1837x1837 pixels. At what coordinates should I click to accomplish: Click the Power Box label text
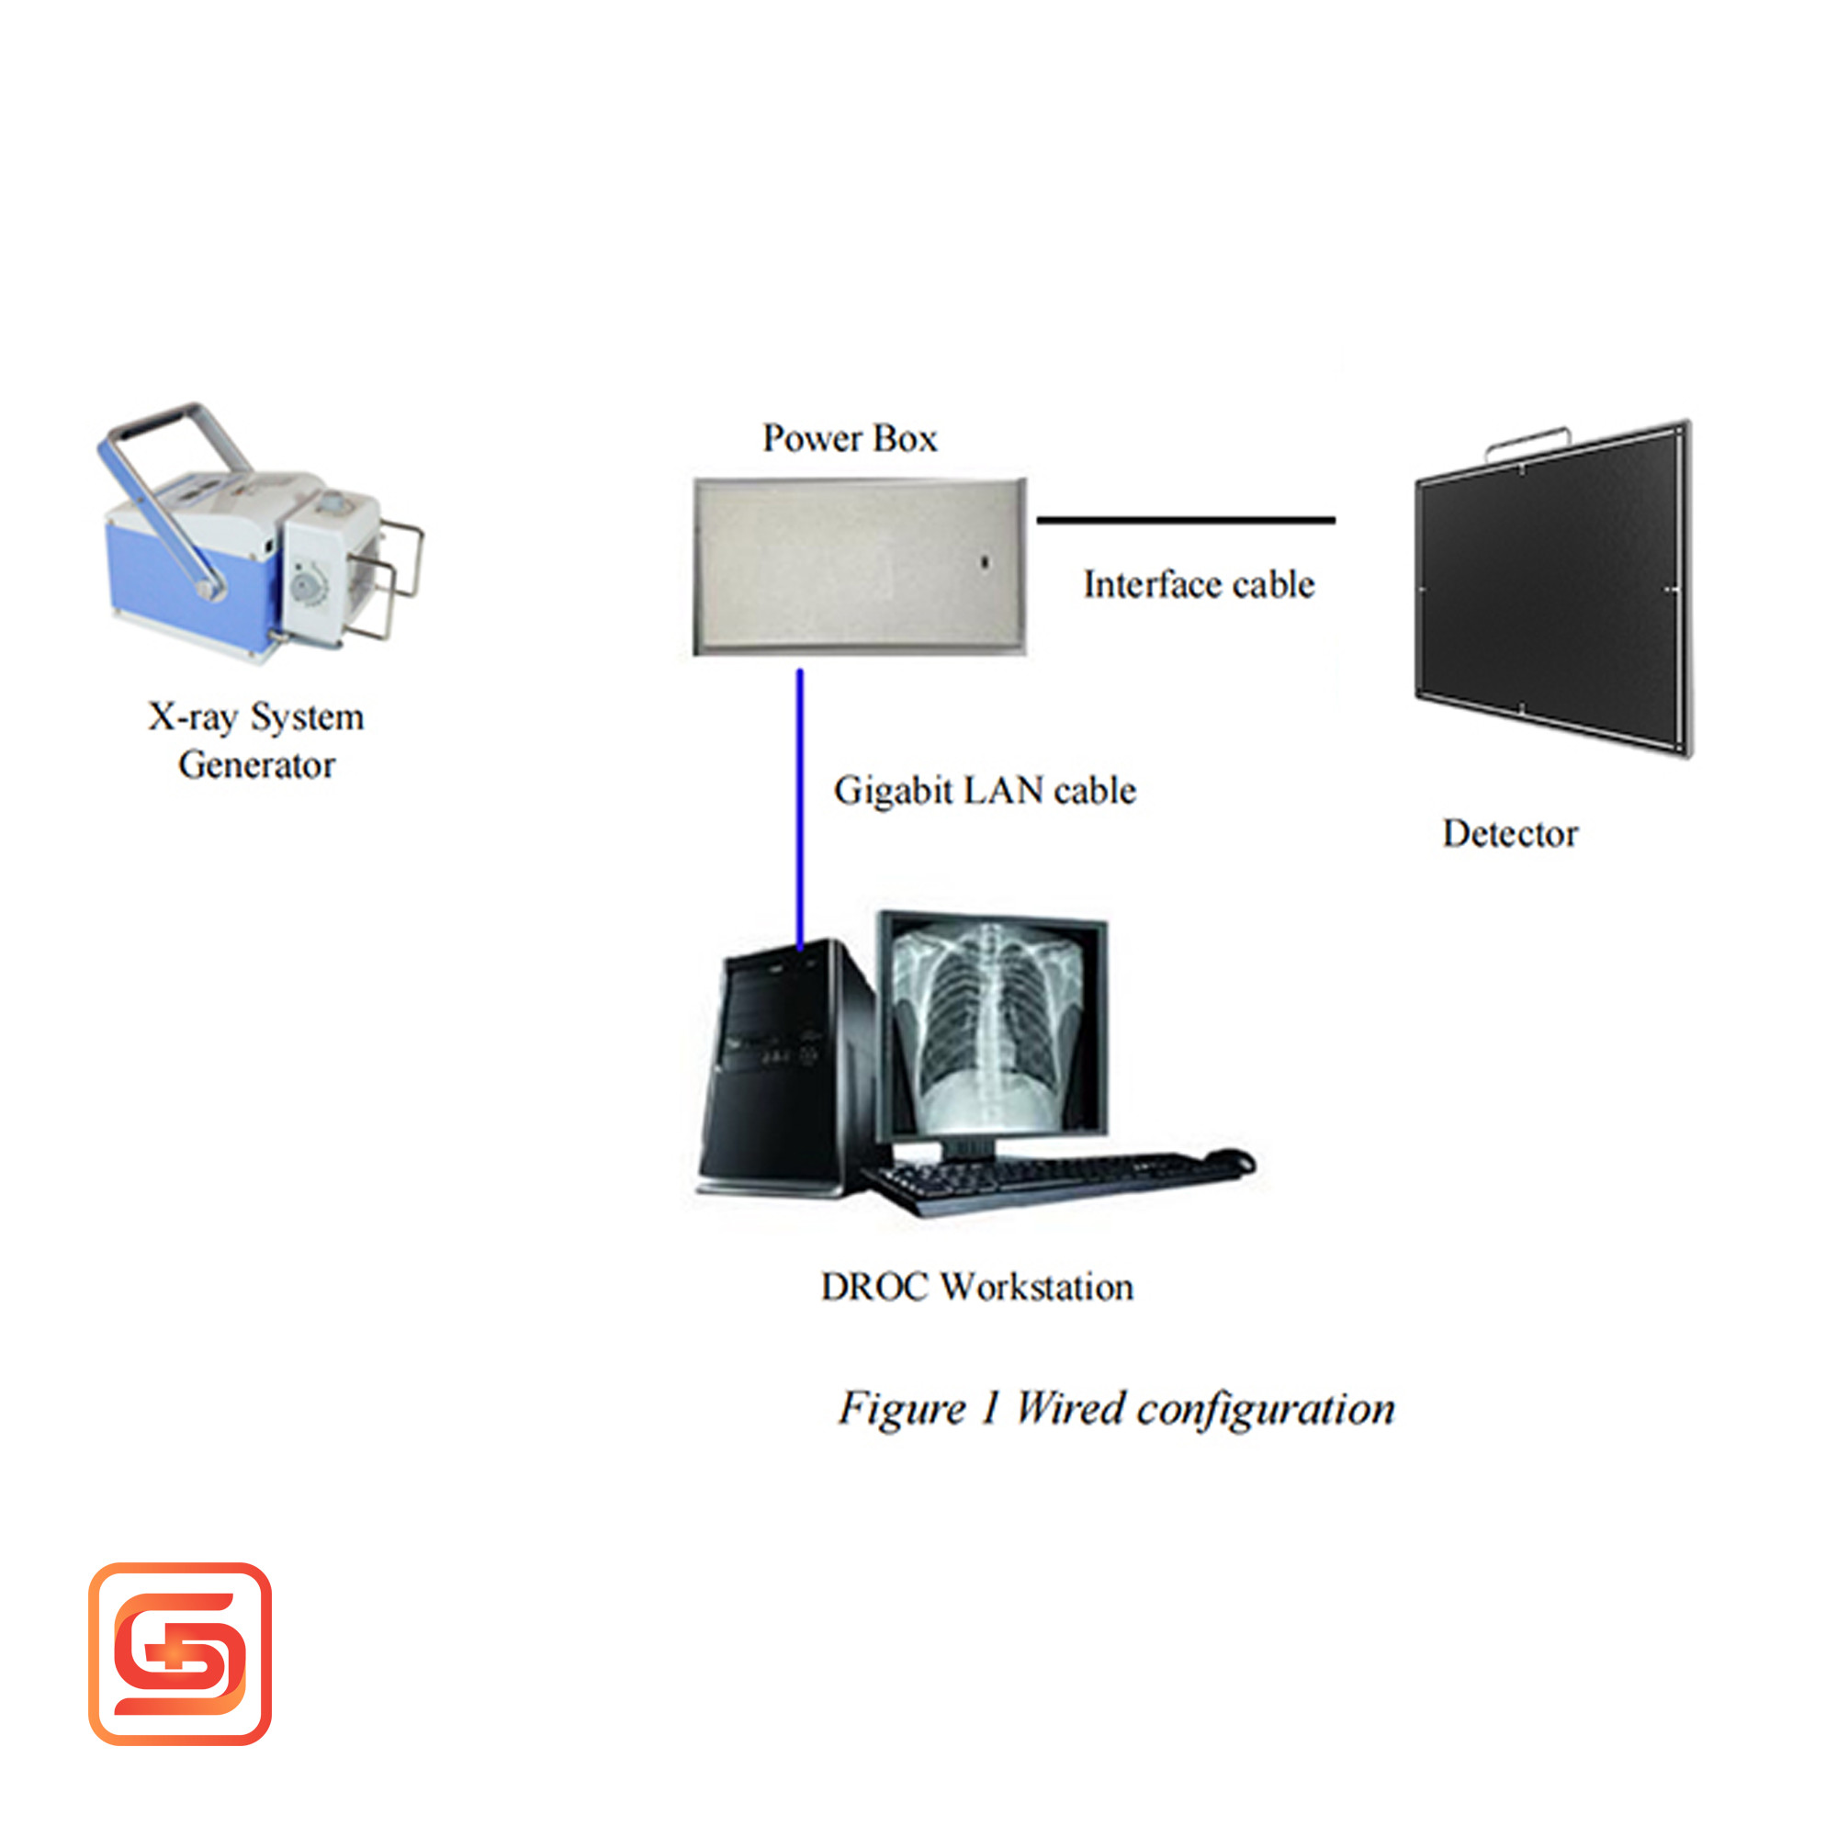coord(850,438)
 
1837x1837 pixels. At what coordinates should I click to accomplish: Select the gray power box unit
coord(861,567)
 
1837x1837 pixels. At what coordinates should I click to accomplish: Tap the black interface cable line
coord(1186,520)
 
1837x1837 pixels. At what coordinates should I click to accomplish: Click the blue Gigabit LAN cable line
coord(800,809)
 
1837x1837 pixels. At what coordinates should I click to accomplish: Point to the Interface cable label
coord(1199,584)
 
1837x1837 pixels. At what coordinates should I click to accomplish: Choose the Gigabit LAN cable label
coord(984,790)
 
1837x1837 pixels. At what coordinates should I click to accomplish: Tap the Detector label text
coord(1510,833)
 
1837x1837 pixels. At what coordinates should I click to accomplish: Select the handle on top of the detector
coord(1527,442)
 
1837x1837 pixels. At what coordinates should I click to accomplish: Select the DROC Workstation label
coord(977,1287)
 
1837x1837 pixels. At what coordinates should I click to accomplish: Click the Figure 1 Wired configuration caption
coord(1116,1409)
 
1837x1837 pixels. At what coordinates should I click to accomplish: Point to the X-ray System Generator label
coord(255,740)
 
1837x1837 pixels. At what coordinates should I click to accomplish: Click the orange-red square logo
coord(180,1653)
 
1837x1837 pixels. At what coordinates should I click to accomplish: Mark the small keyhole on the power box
coord(985,563)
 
